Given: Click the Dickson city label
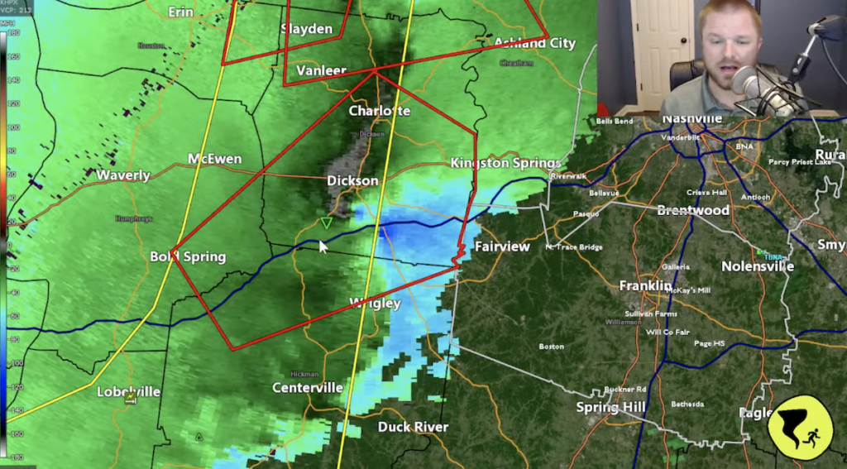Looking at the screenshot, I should tap(352, 180).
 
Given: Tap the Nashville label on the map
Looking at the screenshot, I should tap(693, 119).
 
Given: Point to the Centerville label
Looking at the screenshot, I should tap(308, 387).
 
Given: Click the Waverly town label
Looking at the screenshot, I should tap(123, 175).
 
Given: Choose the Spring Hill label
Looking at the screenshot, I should tap(611, 408).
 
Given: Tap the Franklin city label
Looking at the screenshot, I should tap(646, 285).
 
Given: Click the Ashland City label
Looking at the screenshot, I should tap(534, 43).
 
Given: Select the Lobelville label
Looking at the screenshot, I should tap(128, 391).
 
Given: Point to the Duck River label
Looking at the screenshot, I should tap(413, 427).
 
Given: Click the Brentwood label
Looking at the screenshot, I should tap(693, 210).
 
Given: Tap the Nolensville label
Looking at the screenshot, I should tap(758, 266).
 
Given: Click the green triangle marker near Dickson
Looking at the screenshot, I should tap(327, 223).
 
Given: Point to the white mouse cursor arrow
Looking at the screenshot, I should tap(323, 246).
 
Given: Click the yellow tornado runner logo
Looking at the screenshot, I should tap(799, 427).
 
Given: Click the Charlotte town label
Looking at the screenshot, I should tap(379, 111).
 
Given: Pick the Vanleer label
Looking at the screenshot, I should tap(321, 70).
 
